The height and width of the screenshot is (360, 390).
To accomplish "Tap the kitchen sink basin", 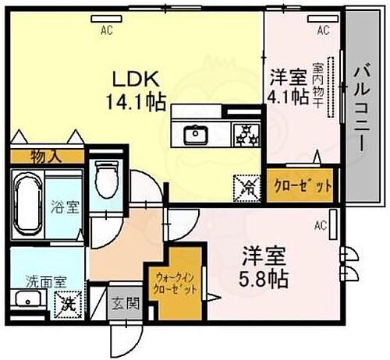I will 193,135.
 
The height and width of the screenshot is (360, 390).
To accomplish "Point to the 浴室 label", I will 61,210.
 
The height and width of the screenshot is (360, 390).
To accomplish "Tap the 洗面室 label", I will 37,280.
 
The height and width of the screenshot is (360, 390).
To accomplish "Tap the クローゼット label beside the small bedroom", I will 303,185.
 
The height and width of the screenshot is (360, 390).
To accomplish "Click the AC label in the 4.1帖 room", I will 322,30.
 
